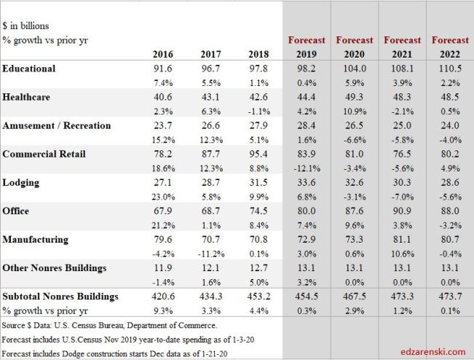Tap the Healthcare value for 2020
pyautogui.click(x=355, y=97)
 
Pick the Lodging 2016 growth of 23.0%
pyautogui.click(x=163, y=197)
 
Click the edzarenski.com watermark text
pyautogui.click(x=432, y=351)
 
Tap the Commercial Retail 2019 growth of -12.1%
pyautogui.click(x=307, y=168)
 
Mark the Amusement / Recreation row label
pyautogui.click(x=57, y=125)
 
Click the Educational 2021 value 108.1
pyautogui.click(x=402, y=69)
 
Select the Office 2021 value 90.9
pyautogui.click(x=402, y=211)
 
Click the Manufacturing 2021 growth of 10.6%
pyautogui.click(x=402, y=254)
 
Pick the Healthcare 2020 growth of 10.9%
pyautogui.click(x=355, y=111)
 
